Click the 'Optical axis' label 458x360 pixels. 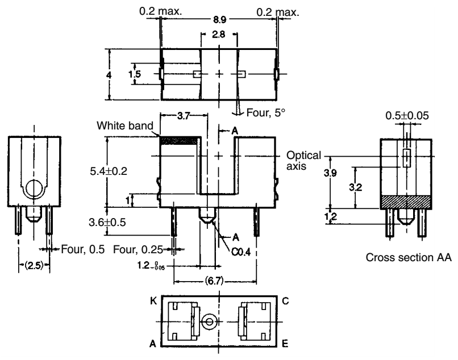tap(304, 160)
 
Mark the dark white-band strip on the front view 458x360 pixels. tap(180, 140)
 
